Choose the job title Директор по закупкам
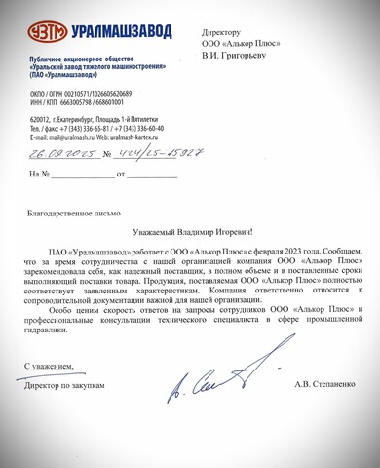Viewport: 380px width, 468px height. [66, 385]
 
